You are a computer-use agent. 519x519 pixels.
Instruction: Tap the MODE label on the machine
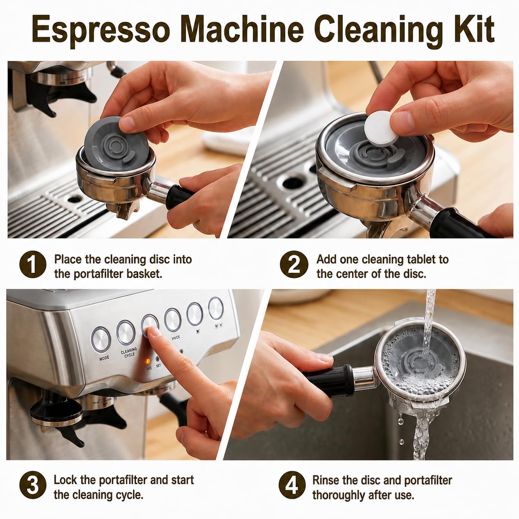104,358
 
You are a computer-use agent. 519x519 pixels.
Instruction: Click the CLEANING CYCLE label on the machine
129,352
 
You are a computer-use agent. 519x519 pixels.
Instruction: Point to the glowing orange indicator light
148,361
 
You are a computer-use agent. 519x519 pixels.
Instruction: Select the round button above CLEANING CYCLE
125,332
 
